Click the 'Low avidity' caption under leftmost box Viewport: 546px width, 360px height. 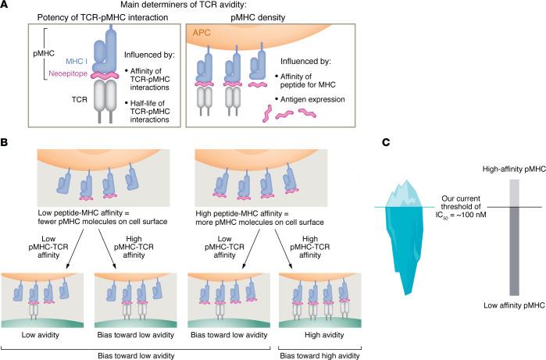[x=41, y=316]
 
